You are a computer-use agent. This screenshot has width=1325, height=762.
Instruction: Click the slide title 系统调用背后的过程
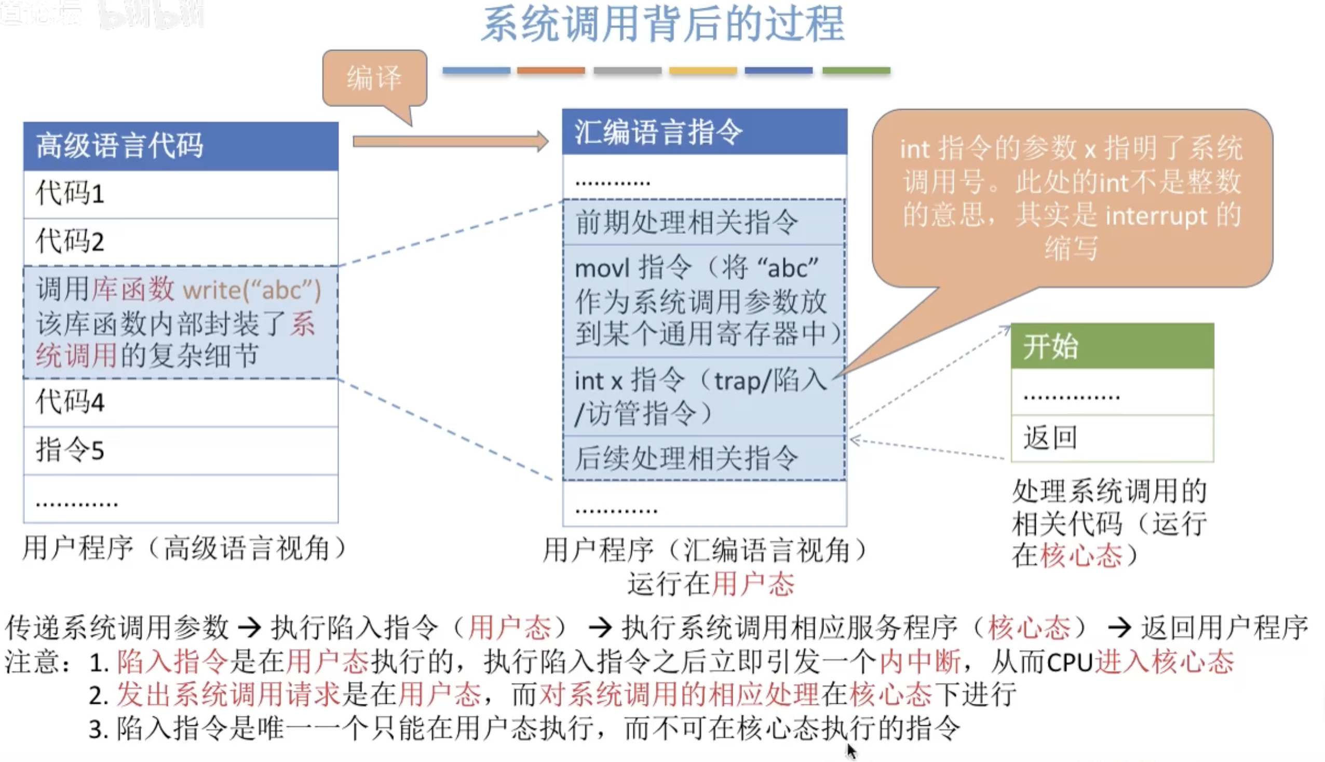click(x=662, y=24)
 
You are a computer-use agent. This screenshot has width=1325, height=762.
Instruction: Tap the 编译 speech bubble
click(x=374, y=78)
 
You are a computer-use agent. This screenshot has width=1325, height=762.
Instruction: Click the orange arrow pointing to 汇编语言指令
click(x=450, y=141)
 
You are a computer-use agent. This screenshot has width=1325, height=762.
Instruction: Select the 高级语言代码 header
click(x=181, y=146)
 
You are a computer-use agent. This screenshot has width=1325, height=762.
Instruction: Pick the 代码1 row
click(x=181, y=194)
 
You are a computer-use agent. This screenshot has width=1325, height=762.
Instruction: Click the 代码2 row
click(x=181, y=242)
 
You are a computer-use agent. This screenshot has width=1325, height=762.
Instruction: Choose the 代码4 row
click(x=181, y=402)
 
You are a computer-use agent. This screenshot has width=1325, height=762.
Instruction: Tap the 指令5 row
click(x=181, y=450)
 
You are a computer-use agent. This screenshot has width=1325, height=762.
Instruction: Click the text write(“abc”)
click(x=252, y=291)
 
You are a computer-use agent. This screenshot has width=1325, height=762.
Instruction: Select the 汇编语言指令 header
click(x=705, y=132)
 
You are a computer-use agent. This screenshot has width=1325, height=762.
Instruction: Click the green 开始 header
click(x=1112, y=346)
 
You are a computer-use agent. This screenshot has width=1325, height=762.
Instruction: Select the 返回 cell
click(x=1112, y=438)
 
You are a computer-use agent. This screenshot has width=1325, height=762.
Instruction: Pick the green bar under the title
click(x=856, y=71)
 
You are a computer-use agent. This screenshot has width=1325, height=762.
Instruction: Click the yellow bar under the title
click(x=703, y=71)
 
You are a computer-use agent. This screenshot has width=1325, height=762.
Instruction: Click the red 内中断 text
click(x=920, y=662)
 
